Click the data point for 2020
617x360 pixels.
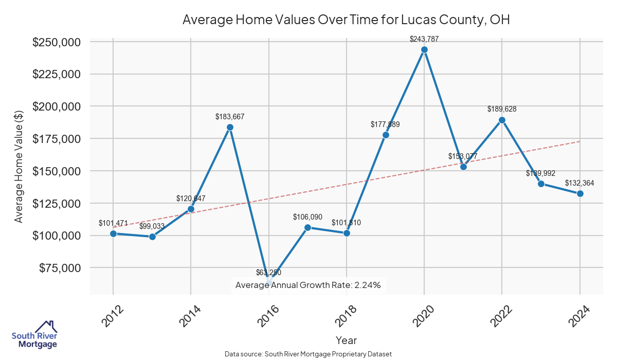click(x=424, y=50)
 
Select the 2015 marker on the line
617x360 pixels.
click(x=230, y=127)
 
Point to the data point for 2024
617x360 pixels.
click(x=580, y=193)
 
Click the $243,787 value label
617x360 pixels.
click(x=424, y=39)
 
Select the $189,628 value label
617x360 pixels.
click(x=502, y=109)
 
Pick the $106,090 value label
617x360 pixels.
click(x=307, y=217)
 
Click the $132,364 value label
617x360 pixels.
click(x=579, y=183)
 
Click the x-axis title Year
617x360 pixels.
click(x=346, y=340)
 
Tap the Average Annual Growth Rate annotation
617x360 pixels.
click(x=307, y=285)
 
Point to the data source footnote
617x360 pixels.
click(x=308, y=354)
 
